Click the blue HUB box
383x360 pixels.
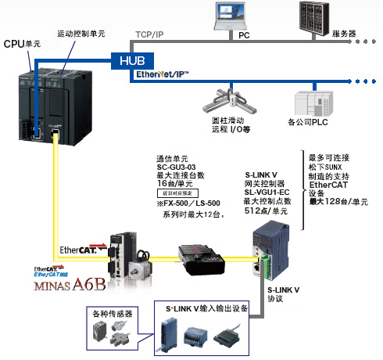pos(128,59)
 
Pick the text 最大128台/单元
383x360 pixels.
pos(338,202)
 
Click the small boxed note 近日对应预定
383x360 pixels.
pos(180,193)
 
